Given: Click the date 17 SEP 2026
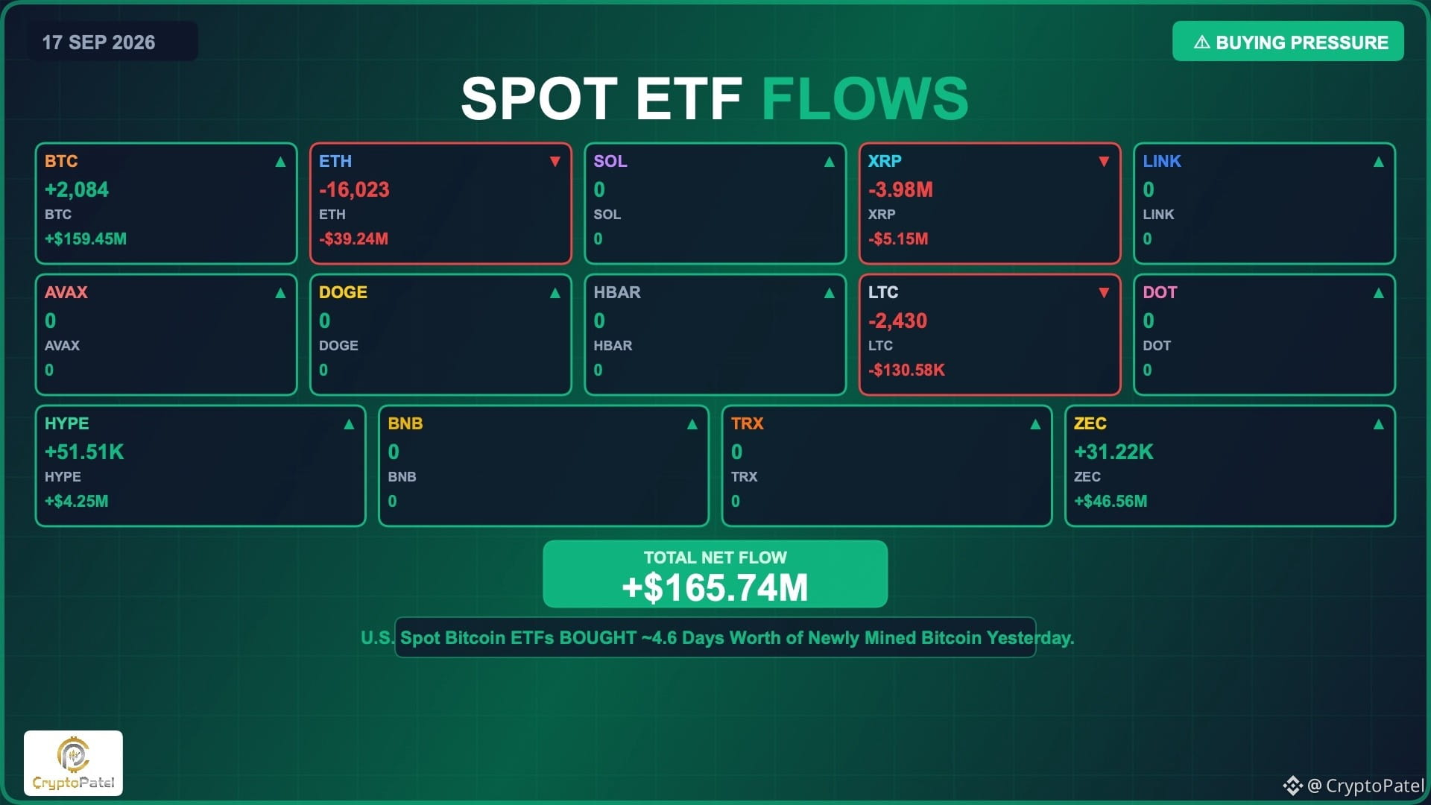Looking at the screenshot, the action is point(98,42).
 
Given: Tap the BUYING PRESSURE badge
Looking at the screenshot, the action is point(1288,42).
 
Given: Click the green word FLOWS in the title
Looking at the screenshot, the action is point(865,98).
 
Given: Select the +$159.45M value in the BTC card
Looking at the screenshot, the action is point(86,239).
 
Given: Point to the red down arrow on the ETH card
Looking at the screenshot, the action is point(555,162).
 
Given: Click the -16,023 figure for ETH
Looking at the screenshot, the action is point(354,189).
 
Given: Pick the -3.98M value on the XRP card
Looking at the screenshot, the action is point(900,189).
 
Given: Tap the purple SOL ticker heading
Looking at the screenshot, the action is point(610,161).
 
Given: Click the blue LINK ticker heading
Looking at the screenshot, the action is point(1162,161).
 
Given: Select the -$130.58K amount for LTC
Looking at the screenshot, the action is point(906,370).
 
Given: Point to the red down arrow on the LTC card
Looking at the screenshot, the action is point(1104,293).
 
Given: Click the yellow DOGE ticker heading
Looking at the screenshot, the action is point(343,292).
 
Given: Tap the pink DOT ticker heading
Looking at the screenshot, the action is point(1160,292).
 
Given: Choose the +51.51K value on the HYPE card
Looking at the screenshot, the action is point(84,452).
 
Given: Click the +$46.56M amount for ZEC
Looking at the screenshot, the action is point(1111,501).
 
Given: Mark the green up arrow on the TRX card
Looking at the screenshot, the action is point(1035,424).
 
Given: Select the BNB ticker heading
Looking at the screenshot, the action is point(405,423).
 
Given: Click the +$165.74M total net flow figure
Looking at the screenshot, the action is point(715,587).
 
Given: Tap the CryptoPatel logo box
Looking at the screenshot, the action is point(73,763).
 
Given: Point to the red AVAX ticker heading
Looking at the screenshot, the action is point(66,292).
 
